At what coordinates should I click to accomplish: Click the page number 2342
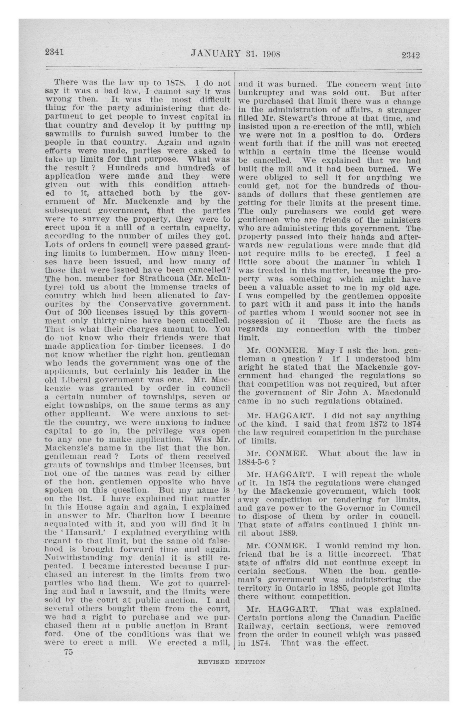411,55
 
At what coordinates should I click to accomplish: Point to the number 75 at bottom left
68,652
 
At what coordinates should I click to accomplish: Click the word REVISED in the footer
213,662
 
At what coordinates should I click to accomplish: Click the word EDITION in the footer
250,662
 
